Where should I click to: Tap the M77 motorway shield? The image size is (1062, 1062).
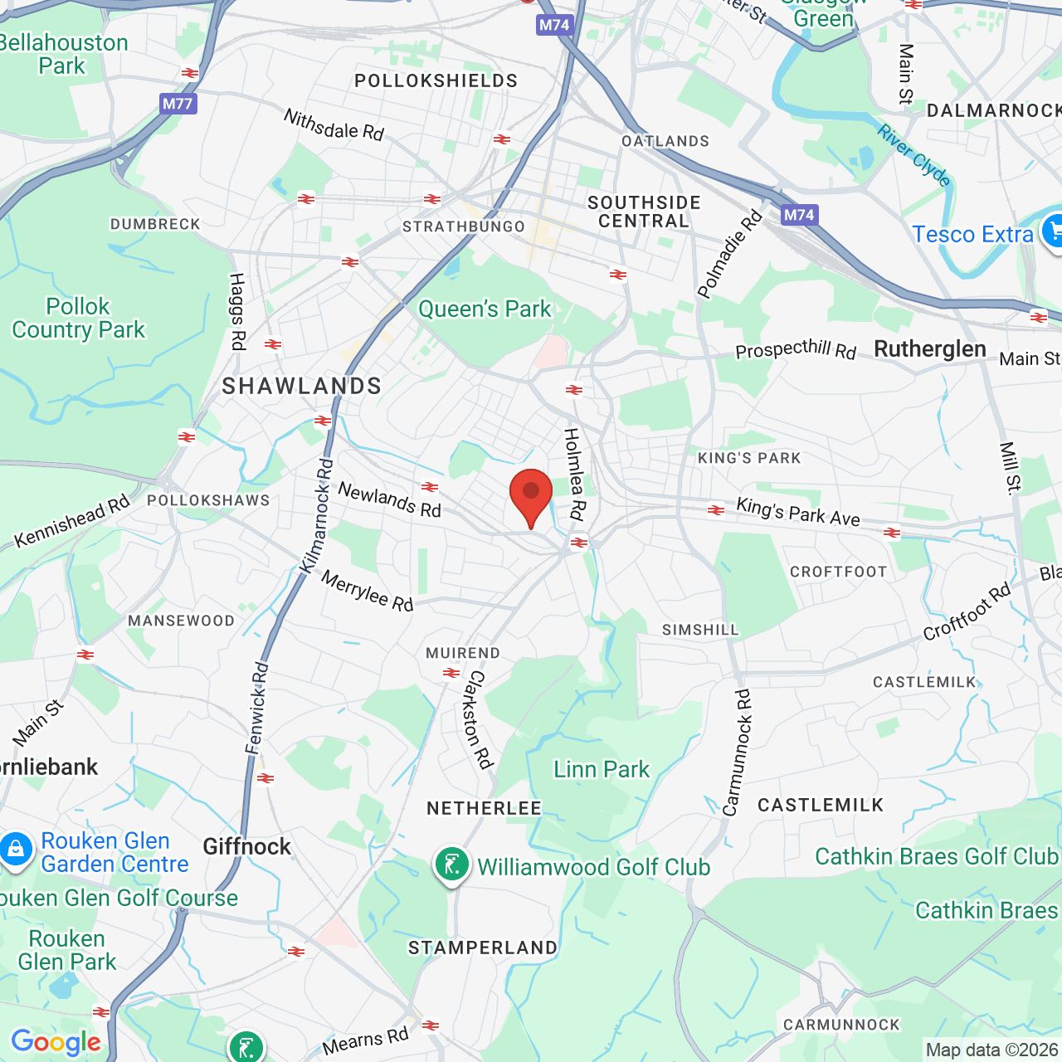click(x=178, y=104)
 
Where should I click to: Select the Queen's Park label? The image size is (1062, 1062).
click(x=485, y=309)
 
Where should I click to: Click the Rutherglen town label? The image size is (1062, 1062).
click(x=930, y=349)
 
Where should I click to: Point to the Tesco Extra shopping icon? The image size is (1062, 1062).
click(x=1053, y=231)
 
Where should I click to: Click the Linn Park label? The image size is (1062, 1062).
click(x=602, y=769)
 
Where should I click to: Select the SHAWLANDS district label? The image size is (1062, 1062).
click(x=302, y=386)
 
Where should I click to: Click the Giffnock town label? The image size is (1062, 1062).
click(x=247, y=846)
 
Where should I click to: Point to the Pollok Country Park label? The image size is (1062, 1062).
click(x=79, y=318)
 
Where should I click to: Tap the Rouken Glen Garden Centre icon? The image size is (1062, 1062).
click(x=16, y=850)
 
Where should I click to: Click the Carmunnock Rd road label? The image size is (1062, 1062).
click(x=737, y=752)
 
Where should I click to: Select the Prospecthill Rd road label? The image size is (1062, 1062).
click(x=796, y=349)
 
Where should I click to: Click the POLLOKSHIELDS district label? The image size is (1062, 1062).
click(x=436, y=80)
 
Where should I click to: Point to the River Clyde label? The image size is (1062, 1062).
click(x=913, y=155)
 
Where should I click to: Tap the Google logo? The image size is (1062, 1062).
click(x=56, y=1042)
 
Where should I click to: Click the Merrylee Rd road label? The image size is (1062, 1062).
click(x=368, y=591)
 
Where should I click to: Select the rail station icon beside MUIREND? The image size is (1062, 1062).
click(x=451, y=673)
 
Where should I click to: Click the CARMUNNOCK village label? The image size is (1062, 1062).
click(x=841, y=1025)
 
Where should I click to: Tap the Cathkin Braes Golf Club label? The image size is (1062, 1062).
click(x=937, y=856)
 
